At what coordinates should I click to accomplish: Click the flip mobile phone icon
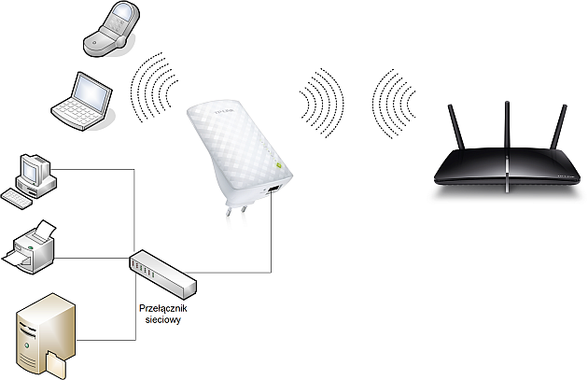(111, 29)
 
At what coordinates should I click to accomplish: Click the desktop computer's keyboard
(17, 199)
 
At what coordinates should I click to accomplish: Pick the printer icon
(29, 246)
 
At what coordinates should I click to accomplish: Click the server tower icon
(46, 335)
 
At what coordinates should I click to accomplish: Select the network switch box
(162, 274)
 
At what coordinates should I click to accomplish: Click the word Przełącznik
(162, 308)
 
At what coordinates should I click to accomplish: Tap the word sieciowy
(162, 320)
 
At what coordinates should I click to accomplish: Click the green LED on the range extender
(278, 164)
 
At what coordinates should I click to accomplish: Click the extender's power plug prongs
(236, 208)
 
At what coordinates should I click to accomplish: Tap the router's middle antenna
(507, 124)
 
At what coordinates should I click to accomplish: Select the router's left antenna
(456, 127)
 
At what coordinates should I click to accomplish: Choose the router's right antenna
(559, 127)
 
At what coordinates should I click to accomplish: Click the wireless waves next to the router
(394, 104)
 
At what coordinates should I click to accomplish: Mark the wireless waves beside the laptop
(154, 87)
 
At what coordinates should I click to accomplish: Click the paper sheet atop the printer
(44, 229)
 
